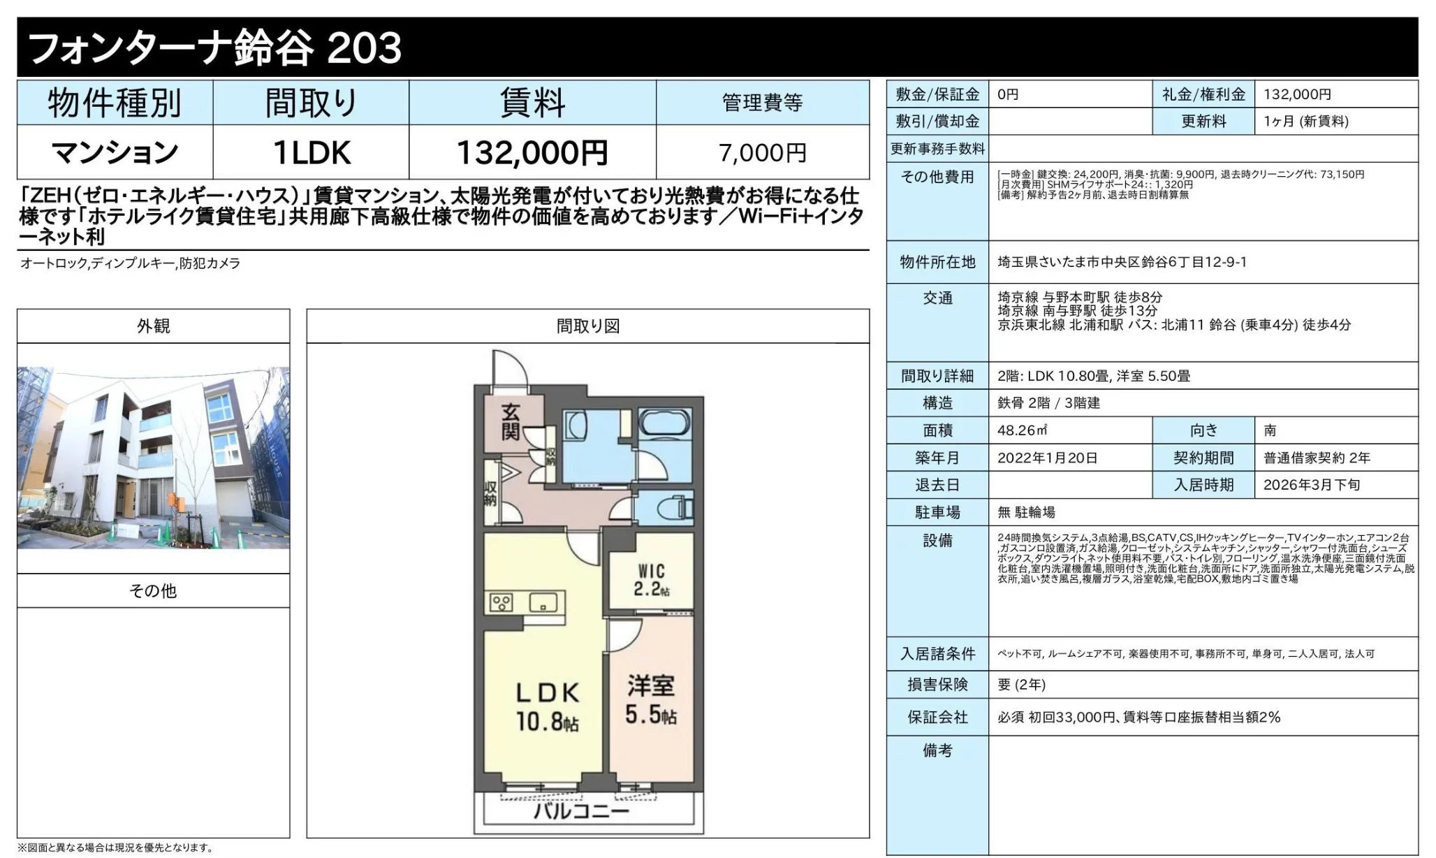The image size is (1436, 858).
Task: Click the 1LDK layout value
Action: (x=311, y=152)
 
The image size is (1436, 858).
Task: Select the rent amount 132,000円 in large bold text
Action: (x=532, y=152)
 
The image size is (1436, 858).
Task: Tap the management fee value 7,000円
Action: (x=763, y=152)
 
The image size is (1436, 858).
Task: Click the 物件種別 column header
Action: (x=115, y=103)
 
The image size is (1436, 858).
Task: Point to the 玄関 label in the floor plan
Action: (x=511, y=421)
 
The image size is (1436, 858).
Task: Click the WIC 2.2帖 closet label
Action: (x=652, y=581)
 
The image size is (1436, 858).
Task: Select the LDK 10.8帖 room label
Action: (x=548, y=706)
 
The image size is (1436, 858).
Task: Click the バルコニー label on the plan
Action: (x=582, y=811)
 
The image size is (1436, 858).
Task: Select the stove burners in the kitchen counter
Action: (x=501, y=602)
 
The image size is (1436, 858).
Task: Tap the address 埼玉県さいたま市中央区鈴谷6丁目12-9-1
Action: (x=1122, y=262)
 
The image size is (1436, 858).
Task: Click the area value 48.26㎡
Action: (x=1023, y=430)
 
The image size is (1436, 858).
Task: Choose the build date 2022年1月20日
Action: (x=1047, y=458)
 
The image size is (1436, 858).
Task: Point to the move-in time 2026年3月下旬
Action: (x=1312, y=485)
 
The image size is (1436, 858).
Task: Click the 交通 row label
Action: (x=937, y=298)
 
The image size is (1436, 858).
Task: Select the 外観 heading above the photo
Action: (x=154, y=326)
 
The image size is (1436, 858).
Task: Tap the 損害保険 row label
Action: (x=937, y=685)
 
